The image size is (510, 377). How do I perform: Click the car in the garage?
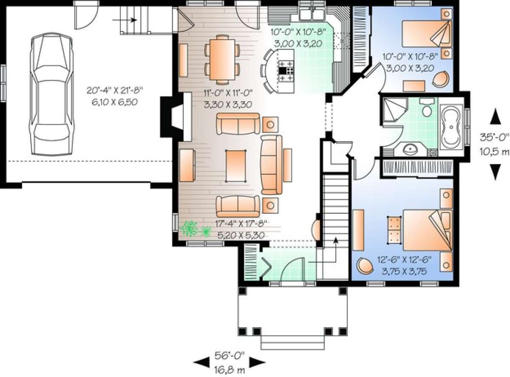(x=52, y=94)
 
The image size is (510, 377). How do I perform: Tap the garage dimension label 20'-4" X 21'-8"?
(x=115, y=90)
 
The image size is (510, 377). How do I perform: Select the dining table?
(x=222, y=60)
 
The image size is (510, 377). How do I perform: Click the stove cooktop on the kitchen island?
(x=286, y=71)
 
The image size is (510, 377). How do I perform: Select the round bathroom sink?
(x=411, y=150)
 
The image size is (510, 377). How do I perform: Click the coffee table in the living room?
(x=235, y=166)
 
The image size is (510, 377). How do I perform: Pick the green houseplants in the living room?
(x=195, y=229)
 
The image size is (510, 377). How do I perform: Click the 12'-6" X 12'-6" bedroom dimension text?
(x=404, y=260)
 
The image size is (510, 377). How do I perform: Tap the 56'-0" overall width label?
(x=229, y=355)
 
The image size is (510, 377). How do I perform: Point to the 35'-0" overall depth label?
(x=494, y=137)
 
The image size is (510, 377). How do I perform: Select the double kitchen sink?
(x=312, y=14)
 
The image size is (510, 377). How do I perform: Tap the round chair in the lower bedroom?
(x=365, y=266)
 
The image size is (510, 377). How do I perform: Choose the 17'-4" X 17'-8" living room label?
(x=241, y=223)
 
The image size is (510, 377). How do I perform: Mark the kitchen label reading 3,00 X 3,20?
(x=298, y=43)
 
